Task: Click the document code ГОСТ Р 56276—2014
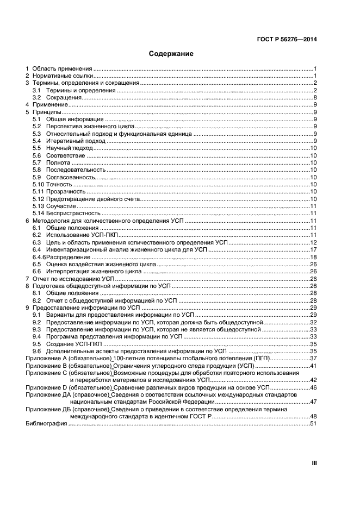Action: (286, 39)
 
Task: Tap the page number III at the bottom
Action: (314, 463)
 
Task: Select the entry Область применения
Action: (63, 68)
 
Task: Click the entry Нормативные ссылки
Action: (62, 76)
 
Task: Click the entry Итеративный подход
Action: (67, 141)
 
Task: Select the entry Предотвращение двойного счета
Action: (86, 199)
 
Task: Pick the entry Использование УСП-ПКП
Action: (78, 235)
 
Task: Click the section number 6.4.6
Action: (38, 257)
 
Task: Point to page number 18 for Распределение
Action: (313, 257)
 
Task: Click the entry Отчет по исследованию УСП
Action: (73, 278)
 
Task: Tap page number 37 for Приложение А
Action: (313, 359)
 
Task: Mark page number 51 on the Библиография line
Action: (313, 423)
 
